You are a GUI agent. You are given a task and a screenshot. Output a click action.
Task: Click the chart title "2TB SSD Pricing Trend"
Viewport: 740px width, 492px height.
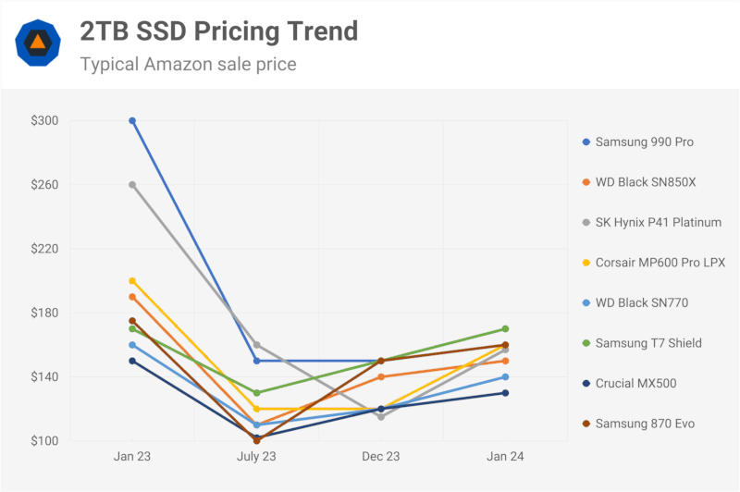click(218, 31)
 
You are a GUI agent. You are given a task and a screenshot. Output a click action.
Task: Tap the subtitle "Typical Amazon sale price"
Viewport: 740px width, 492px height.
click(188, 65)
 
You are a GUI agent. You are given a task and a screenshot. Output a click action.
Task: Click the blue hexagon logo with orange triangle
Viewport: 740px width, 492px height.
click(38, 43)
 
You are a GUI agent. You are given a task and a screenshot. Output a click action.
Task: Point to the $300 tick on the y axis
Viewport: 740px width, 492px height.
click(43, 120)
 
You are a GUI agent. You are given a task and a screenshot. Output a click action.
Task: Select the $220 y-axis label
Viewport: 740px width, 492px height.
click(43, 249)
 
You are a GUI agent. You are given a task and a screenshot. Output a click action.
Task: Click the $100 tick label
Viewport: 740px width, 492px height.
click(43, 441)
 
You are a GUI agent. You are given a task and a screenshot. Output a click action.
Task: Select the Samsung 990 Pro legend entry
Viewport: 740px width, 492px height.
click(644, 141)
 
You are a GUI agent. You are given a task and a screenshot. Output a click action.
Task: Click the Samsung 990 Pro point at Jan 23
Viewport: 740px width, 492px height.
click(132, 120)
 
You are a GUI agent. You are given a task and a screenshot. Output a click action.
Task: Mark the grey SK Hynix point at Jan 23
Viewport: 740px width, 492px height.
click(132, 185)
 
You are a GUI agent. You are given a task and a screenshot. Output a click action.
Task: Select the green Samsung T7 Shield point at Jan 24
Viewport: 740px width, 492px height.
click(505, 329)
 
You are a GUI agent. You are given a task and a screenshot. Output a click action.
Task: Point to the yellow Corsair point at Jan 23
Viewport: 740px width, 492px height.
click(132, 280)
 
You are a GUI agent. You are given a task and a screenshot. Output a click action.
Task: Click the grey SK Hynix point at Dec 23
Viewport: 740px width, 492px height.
click(381, 417)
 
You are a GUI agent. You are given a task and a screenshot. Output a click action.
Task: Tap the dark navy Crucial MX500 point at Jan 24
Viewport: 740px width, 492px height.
click(505, 393)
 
